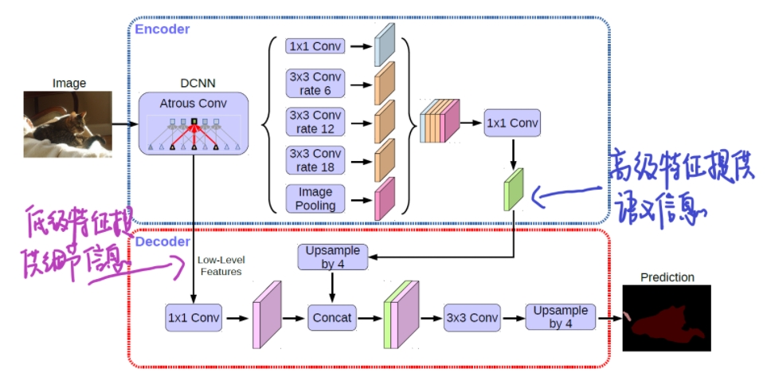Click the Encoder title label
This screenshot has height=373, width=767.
pos(162,29)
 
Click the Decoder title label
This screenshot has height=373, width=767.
pos(162,241)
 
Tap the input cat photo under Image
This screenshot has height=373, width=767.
pos(68,124)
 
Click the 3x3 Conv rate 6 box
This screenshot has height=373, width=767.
pos(315,84)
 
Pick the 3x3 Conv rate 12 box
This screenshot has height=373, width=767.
pos(315,122)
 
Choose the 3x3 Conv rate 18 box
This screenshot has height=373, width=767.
pos(315,160)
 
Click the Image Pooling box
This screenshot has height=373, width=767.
pos(315,198)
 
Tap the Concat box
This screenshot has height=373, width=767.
pos(331,317)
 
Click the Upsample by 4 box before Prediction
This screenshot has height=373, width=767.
pos(561,317)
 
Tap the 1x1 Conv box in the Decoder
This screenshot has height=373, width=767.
pos(193,317)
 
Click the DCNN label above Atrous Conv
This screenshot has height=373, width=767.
pos(194,82)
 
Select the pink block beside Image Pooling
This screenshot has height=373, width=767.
pos(385,197)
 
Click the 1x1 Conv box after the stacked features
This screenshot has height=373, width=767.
pos(512,124)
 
